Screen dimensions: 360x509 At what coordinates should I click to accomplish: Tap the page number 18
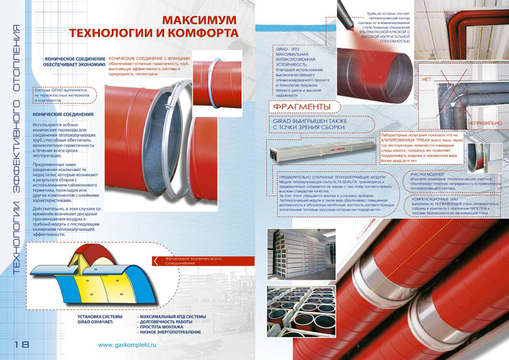[19, 344]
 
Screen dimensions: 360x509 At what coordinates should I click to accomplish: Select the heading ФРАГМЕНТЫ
[303, 107]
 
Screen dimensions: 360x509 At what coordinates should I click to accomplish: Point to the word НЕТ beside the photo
[426, 80]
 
